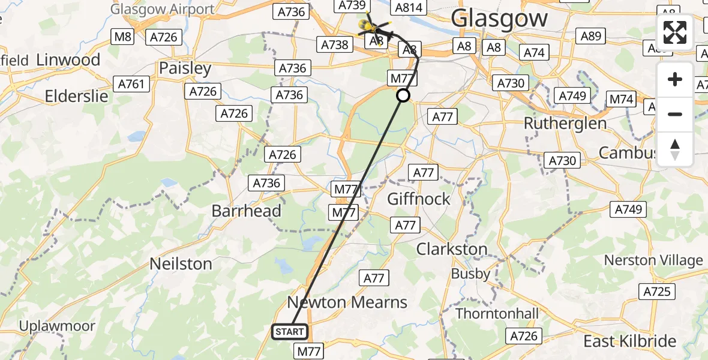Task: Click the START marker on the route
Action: [x=290, y=332]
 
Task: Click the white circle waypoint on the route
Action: [x=403, y=95]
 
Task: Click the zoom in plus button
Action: [x=675, y=79]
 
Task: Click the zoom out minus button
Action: [x=675, y=114]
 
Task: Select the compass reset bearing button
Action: [x=675, y=149]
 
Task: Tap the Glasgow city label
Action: [x=499, y=18]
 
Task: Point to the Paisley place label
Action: [x=185, y=68]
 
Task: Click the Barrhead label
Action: [x=246, y=211]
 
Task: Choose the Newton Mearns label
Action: [x=347, y=302]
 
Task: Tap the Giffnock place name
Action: [x=419, y=199]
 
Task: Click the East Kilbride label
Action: [x=630, y=341]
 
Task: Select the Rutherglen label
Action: [x=565, y=123]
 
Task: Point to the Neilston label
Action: [x=181, y=263]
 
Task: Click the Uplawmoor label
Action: [x=57, y=326]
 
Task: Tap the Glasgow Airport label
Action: [x=162, y=9]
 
